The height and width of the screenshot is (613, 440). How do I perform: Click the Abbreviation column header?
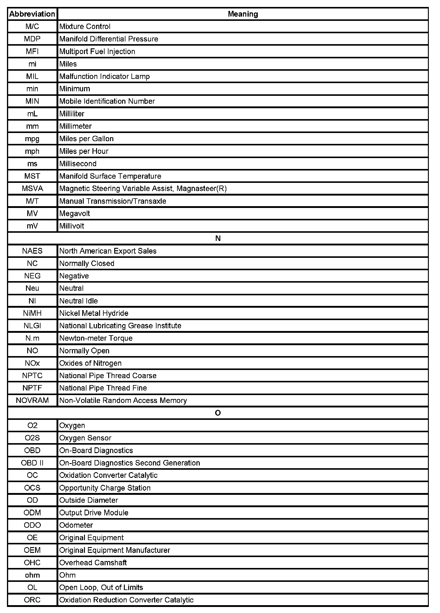pos(32,14)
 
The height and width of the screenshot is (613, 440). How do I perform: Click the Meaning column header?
pos(243,14)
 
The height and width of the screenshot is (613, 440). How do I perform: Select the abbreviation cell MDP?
pos(32,39)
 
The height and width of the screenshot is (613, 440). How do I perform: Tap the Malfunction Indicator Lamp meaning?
pos(105,76)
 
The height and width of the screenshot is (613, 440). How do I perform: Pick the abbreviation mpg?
pos(32,139)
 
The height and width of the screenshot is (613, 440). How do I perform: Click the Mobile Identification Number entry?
pos(107,101)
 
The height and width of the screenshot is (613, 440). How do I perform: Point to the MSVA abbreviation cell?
pos(32,189)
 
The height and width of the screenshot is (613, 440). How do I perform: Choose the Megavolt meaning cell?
pos(75,214)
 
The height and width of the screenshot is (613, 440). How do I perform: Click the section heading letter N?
pos(218,238)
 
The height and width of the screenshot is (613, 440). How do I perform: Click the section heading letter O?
pos(218,413)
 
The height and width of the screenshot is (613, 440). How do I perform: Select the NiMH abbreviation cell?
pos(32,313)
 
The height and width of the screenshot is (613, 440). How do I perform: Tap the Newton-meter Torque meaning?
pos(96,338)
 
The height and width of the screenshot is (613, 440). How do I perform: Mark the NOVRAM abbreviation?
pos(32,401)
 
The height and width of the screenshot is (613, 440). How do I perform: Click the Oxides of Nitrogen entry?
pos(90,363)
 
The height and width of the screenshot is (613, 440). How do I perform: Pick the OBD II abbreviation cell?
pos(32,463)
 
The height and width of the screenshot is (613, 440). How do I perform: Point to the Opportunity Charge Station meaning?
pos(105,488)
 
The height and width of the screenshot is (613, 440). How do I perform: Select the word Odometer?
pos(76,525)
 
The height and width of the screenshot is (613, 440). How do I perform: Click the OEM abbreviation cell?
pos(32,550)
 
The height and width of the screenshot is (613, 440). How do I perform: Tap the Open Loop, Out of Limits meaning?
pos(101,587)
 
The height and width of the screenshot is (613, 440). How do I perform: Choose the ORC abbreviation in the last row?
pos(32,600)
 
